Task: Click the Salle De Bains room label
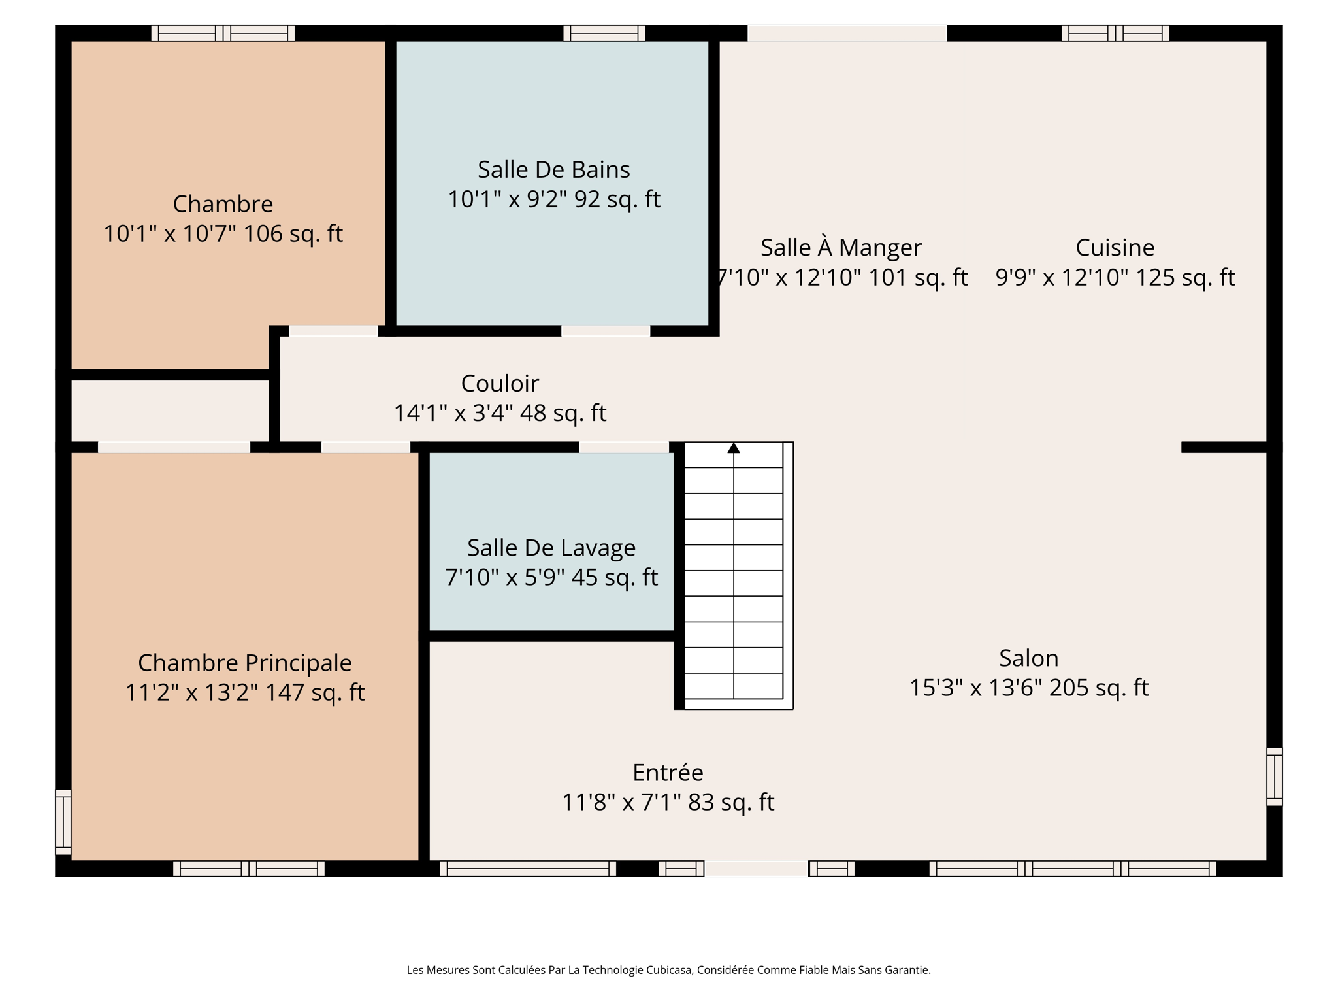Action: coord(553,170)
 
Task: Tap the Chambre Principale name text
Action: coord(244,663)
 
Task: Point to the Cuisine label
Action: coord(1115,248)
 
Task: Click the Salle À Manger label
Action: coord(841,248)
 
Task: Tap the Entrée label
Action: coord(668,773)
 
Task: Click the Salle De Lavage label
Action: coord(551,548)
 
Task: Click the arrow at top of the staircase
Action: coord(734,448)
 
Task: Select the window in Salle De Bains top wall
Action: coord(604,33)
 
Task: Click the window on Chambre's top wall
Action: coord(223,33)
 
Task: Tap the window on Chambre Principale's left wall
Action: coord(63,822)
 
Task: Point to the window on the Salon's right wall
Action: coord(1274,777)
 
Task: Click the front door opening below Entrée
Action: coord(756,869)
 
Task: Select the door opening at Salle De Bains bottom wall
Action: coord(606,331)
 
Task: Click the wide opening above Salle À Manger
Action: coord(847,33)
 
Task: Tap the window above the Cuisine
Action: coord(1115,33)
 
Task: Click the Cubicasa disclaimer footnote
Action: coord(668,970)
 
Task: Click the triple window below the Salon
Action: coord(1072,869)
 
